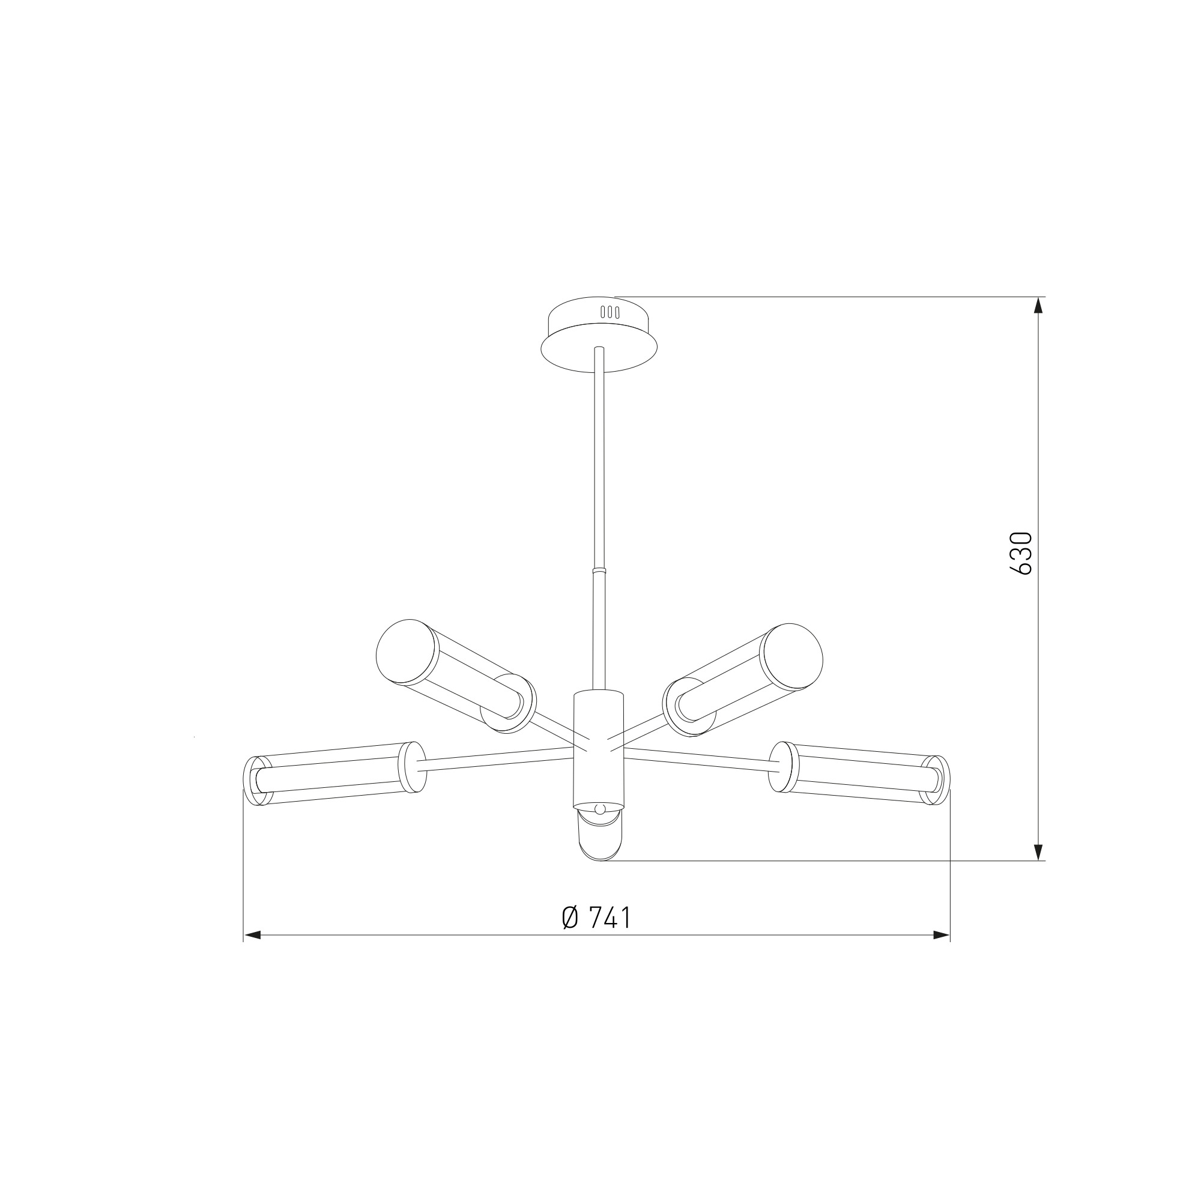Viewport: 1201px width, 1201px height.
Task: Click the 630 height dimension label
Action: [x=1021, y=553]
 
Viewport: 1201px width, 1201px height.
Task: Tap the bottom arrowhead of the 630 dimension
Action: [x=1038, y=852]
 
